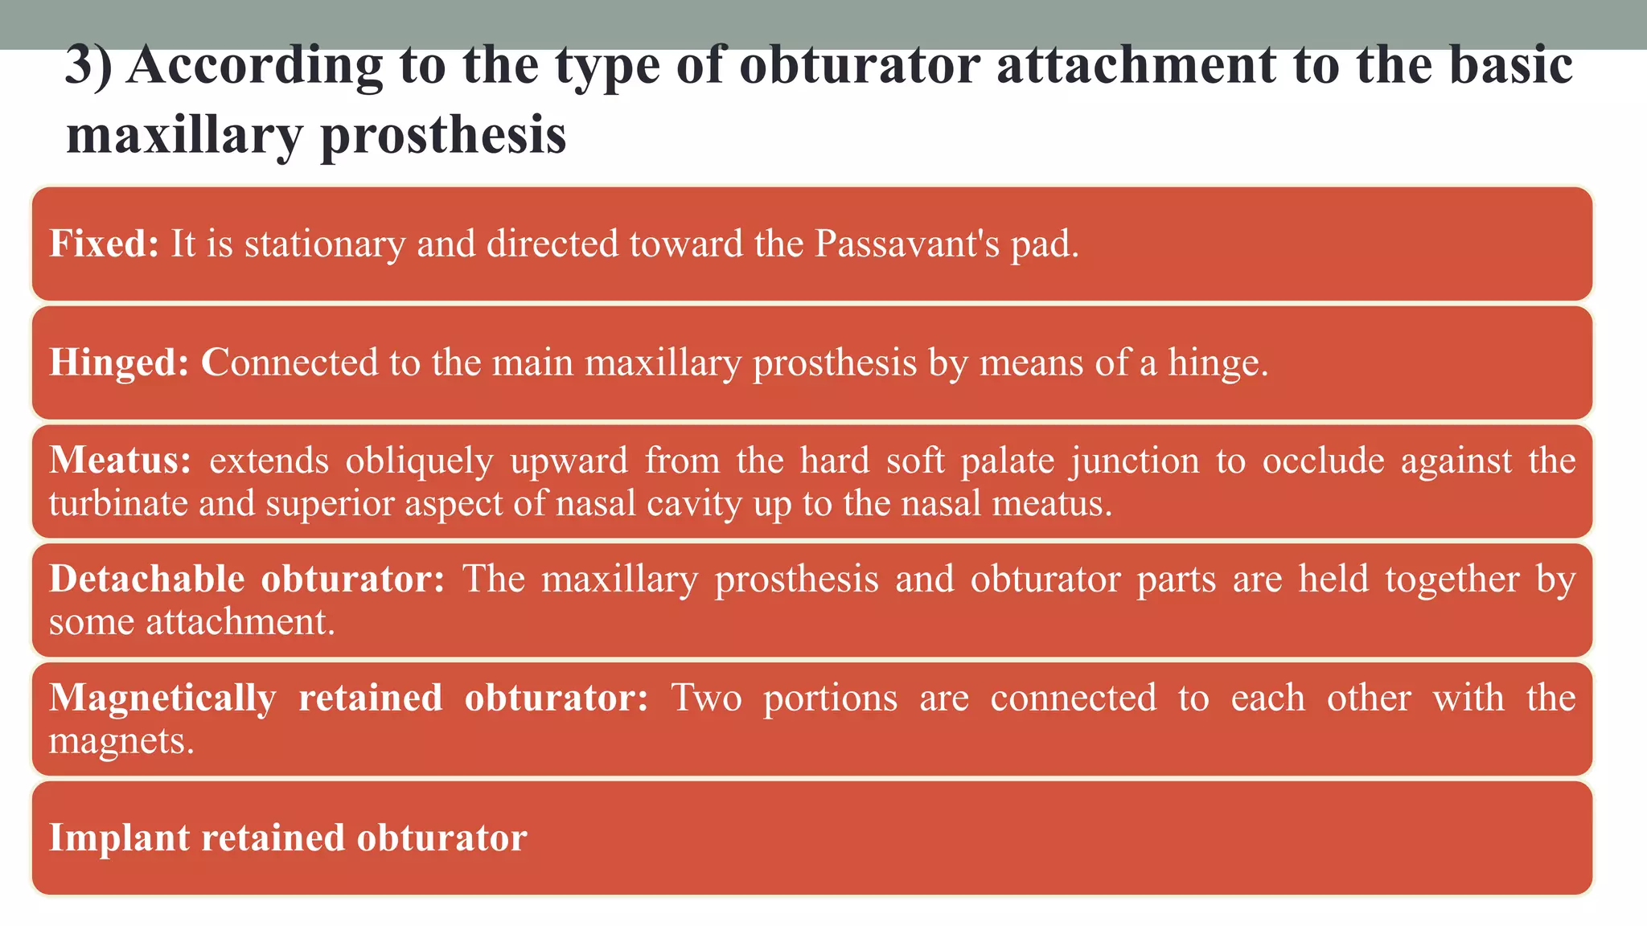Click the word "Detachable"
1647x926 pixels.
point(146,579)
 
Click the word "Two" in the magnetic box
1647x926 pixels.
point(707,697)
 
